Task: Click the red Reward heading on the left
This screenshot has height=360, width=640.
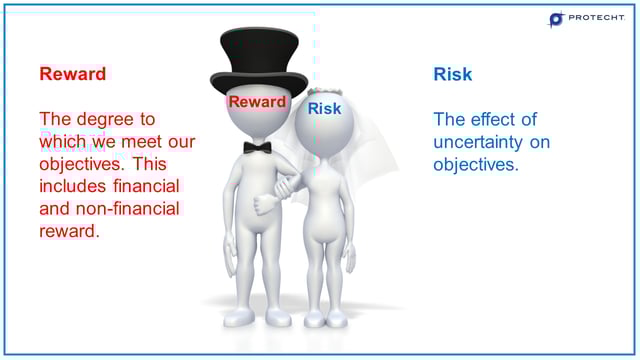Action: tap(72, 74)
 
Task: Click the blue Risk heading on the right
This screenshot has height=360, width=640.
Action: tap(452, 74)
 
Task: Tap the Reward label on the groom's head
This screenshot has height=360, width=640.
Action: tap(257, 102)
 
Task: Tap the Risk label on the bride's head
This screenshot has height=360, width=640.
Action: tap(324, 108)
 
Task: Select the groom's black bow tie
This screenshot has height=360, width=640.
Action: tap(257, 147)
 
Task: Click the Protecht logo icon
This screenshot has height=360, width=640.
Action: tap(557, 19)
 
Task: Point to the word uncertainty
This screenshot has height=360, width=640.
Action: tap(476, 142)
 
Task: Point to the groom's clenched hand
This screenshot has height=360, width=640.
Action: tap(265, 204)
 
